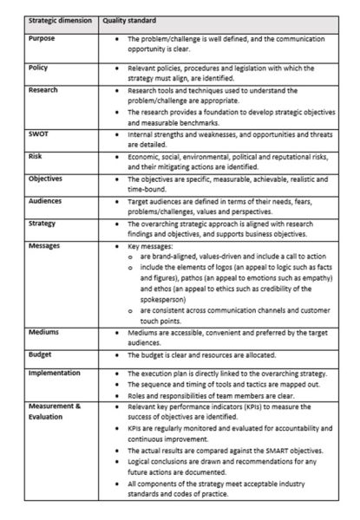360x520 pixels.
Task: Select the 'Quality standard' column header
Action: point(129,18)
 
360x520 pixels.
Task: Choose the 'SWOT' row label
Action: point(39,133)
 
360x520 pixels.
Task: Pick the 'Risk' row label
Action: point(36,157)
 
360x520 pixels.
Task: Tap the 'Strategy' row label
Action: point(43,222)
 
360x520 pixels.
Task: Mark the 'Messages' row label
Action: point(45,245)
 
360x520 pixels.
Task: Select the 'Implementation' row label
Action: point(54,373)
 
